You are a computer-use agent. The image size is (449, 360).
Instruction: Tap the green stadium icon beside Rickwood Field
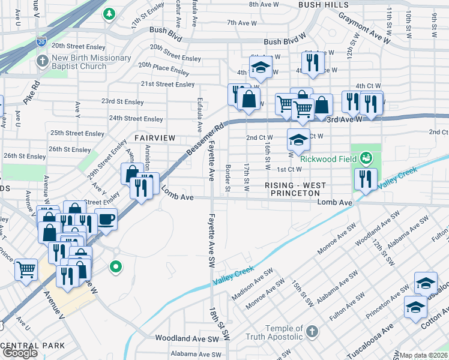[x=366, y=158]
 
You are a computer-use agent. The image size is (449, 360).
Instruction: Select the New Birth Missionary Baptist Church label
[x=91, y=62]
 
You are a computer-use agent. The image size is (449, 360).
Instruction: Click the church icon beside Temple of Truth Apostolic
[x=312, y=331]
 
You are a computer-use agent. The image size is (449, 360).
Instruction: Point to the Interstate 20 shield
[x=41, y=41]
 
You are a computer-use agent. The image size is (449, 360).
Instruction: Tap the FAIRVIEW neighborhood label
[x=155, y=138]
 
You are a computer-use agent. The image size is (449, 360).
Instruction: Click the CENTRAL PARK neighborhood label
[x=32, y=346]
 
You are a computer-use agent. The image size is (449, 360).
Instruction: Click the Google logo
[x=20, y=353]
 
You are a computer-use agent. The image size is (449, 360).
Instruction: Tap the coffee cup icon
[x=106, y=219]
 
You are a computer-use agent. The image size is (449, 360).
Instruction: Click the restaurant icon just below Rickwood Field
[x=365, y=178]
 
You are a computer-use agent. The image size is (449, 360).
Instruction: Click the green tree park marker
[x=109, y=13]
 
